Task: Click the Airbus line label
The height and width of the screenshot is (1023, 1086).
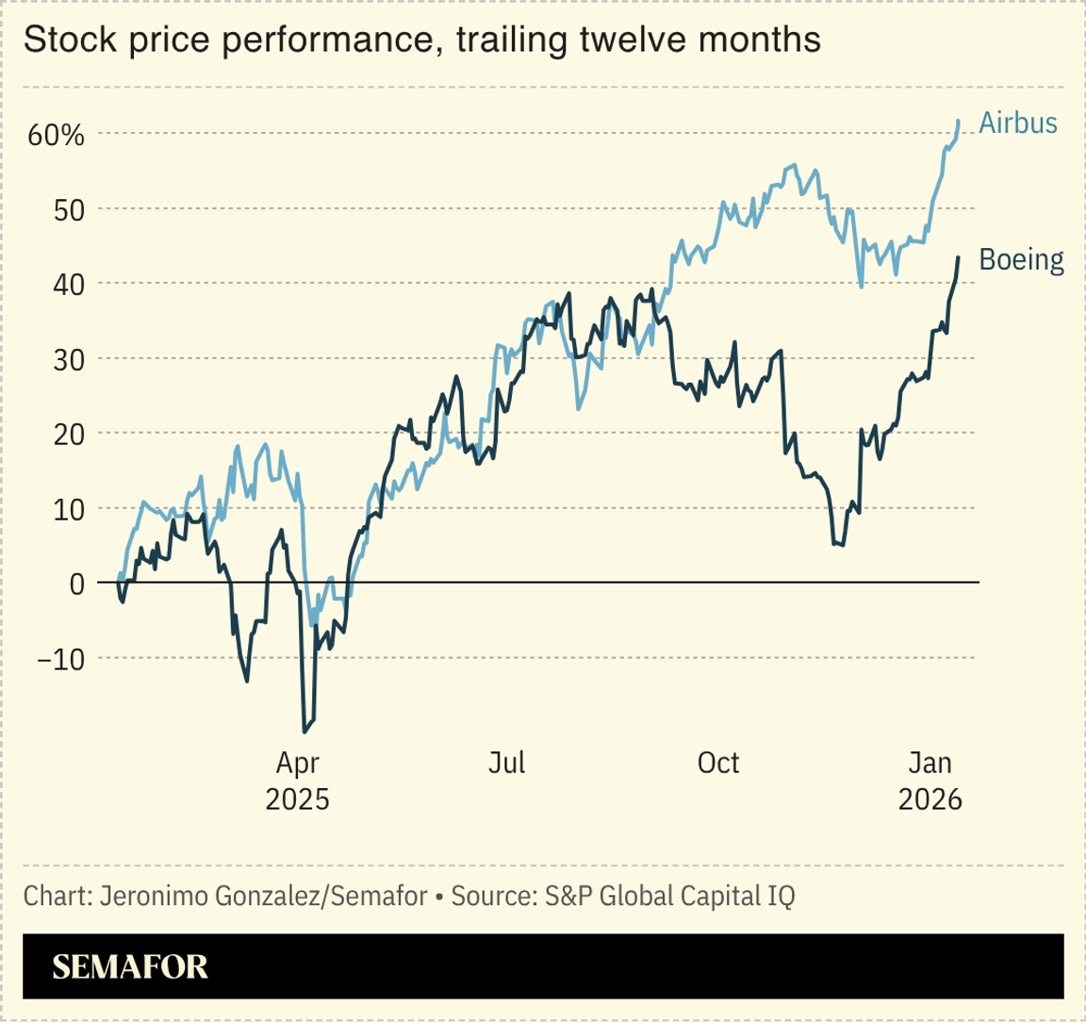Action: tap(1018, 124)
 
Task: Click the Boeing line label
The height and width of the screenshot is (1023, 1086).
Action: tap(1022, 259)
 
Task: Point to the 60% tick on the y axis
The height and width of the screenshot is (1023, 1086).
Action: tap(56, 135)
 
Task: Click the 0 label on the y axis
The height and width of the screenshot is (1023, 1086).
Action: tap(77, 584)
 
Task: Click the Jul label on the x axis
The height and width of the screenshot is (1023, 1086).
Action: tap(507, 763)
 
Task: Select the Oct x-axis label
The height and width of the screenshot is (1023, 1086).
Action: tap(718, 763)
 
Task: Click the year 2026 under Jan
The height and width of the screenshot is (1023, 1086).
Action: tap(930, 800)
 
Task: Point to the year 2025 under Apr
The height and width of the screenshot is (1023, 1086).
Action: tap(298, 800)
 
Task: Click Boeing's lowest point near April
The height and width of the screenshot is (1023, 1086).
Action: tap(304, 732)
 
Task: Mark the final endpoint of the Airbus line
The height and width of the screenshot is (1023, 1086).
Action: tap(959, 121)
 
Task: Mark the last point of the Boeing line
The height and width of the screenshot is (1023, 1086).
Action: tap(959, 257)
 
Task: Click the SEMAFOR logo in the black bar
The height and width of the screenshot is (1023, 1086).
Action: tap(130, 966)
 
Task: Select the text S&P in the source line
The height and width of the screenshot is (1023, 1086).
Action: tap(563, 896)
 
